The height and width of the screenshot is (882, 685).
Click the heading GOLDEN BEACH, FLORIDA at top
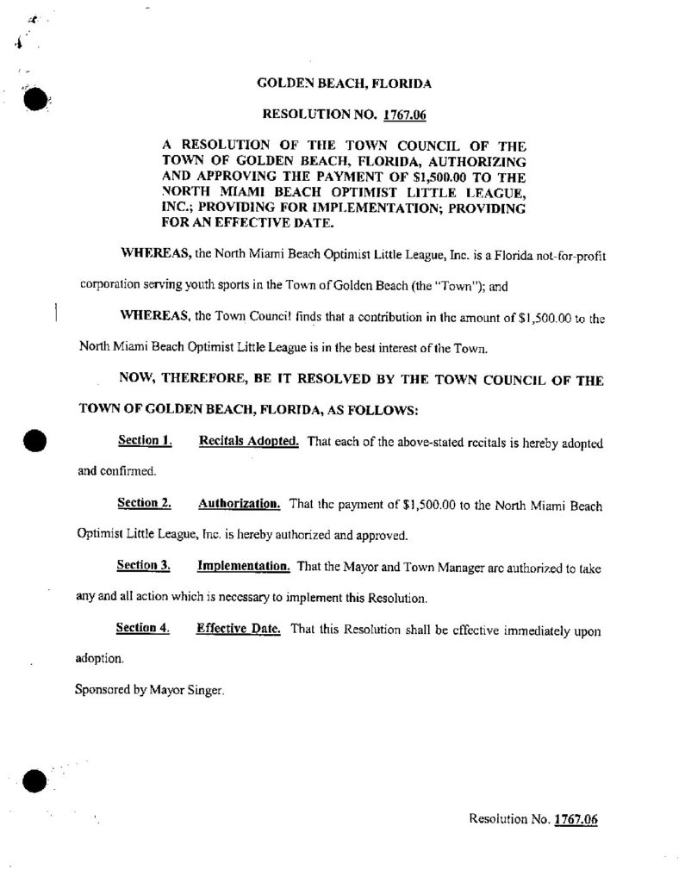tap(345, 84)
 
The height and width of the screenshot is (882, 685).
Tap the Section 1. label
tap(145, 442)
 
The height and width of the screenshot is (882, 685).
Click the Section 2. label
tap(145, 503)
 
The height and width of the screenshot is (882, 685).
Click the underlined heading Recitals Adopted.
tap(249, 442)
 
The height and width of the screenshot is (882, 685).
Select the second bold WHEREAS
tap(150, 318)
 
